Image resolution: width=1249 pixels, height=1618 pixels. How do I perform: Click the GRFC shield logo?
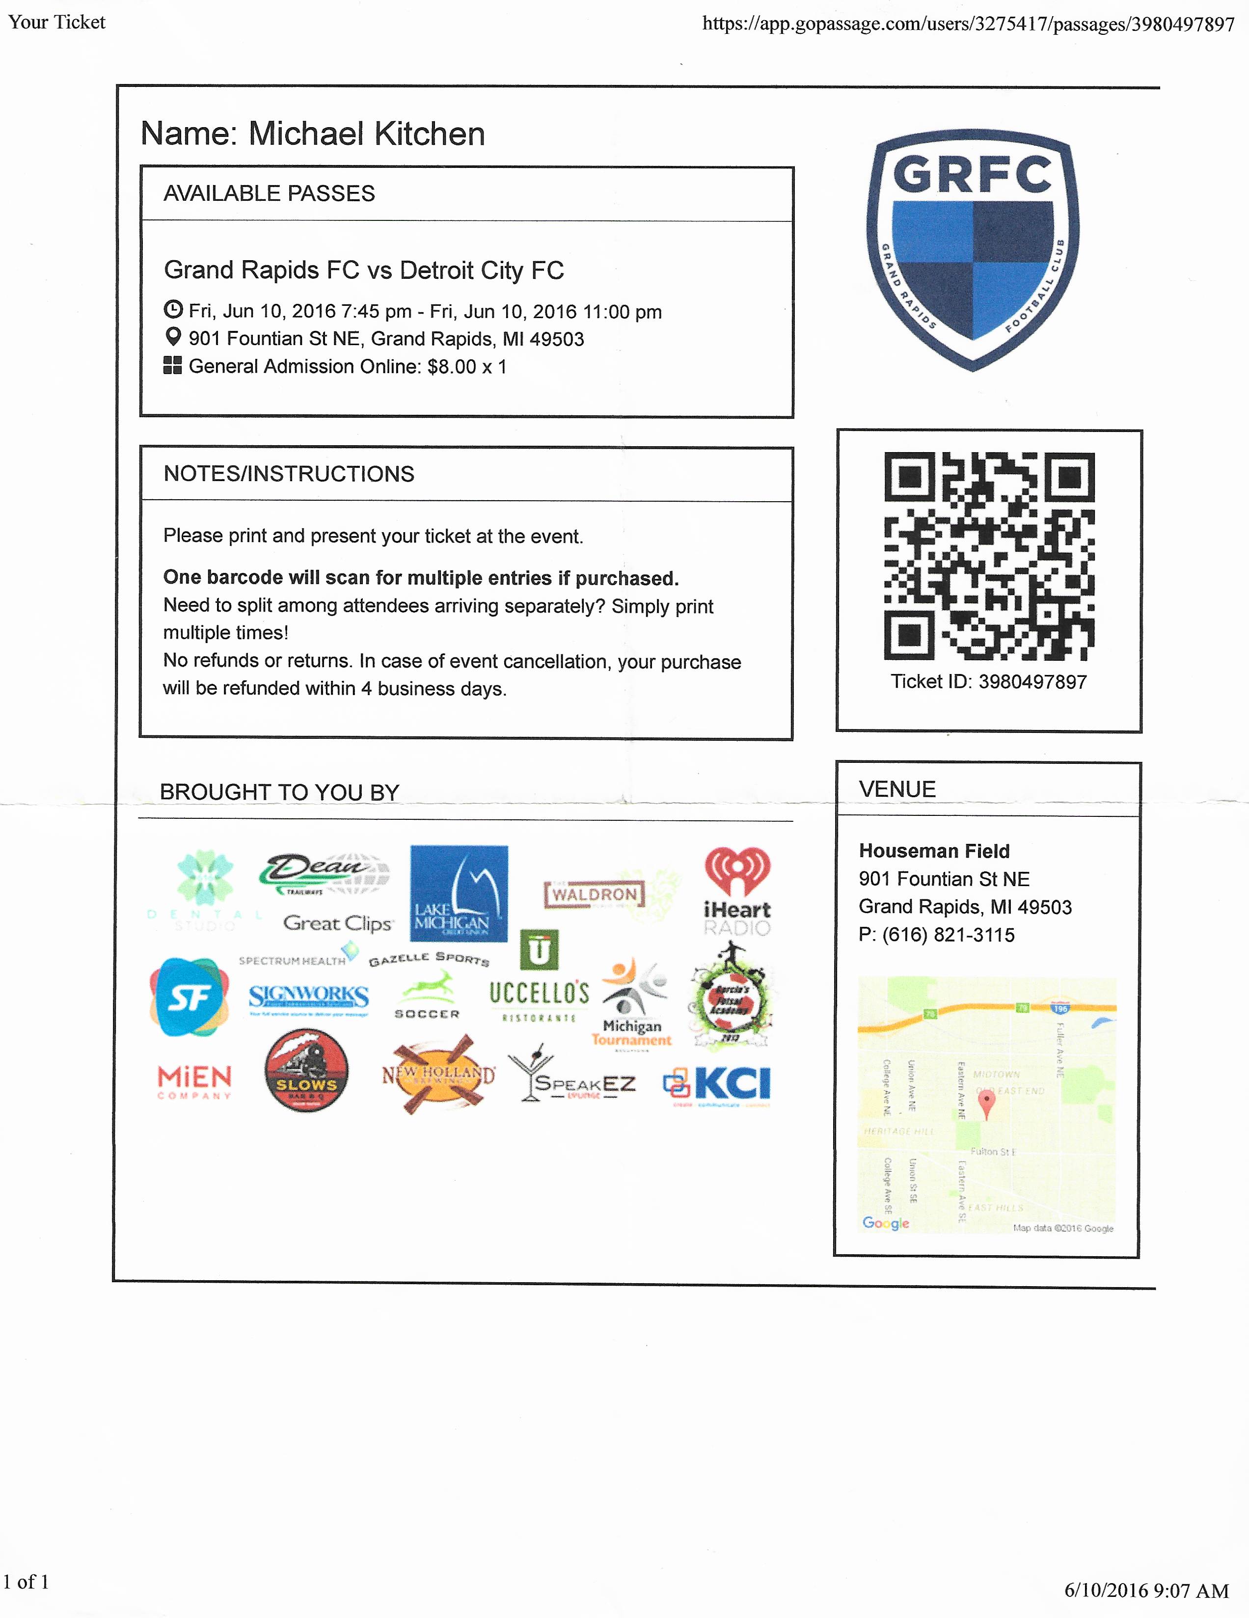tap(973, 250)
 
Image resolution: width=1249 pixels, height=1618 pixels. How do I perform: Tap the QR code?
tap(988, 556)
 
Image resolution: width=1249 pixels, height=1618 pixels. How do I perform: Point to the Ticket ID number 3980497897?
tap(1032, 681)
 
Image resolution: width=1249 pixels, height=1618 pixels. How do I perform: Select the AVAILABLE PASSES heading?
tap(269, 193)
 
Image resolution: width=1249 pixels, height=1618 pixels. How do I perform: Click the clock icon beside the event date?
tap(173, 310)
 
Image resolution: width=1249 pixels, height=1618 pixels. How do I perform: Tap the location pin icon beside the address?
tap(173, 337)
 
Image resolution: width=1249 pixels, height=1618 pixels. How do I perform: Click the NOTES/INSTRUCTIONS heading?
tap(289, 474)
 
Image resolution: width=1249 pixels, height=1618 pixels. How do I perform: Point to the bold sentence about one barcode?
tap(421, 578)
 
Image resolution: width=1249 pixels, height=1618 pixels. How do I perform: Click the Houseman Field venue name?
tap(933, 851)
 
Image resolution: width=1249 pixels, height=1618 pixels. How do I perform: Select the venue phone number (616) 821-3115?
tap(948, 935)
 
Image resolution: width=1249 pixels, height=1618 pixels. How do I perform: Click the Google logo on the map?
tap(885, 1222)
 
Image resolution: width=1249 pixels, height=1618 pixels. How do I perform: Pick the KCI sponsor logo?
tap(717, 1084)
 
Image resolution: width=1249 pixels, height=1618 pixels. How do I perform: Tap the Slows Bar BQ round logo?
tap(306, 1071)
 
